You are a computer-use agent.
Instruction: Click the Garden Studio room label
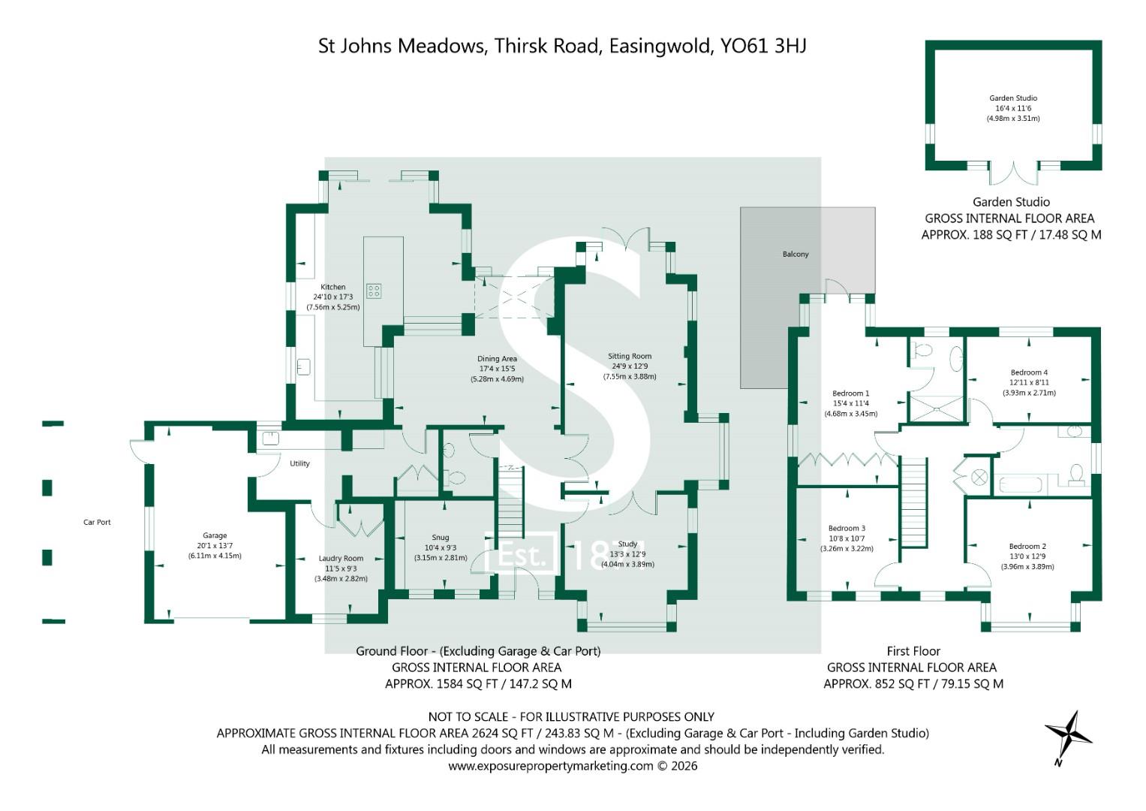coord(1012,98)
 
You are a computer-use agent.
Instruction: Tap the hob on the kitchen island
coord(374,291)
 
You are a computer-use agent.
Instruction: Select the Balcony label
coord(796,254)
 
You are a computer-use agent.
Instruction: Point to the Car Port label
coord(97,522)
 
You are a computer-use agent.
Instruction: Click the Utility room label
coord(299,463)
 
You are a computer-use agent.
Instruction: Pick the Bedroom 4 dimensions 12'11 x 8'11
coord(1029,382)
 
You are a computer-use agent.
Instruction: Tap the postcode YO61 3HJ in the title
coord(763,46)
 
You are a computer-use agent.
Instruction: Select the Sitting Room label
coord(629,356)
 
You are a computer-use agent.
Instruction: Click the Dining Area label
coord(497,359)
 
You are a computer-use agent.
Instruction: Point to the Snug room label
coord(440,538)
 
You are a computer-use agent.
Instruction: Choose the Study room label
coord(627,544)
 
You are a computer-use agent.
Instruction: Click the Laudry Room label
coord(341,559)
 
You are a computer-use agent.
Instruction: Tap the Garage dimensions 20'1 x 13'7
coord(215,546)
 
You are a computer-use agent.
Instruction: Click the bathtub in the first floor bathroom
coord(1020,484)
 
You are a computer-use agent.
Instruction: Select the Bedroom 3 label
coord(847,529)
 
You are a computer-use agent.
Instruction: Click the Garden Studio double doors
coord(1013,173)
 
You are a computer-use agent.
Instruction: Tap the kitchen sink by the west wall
coord(303,367)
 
